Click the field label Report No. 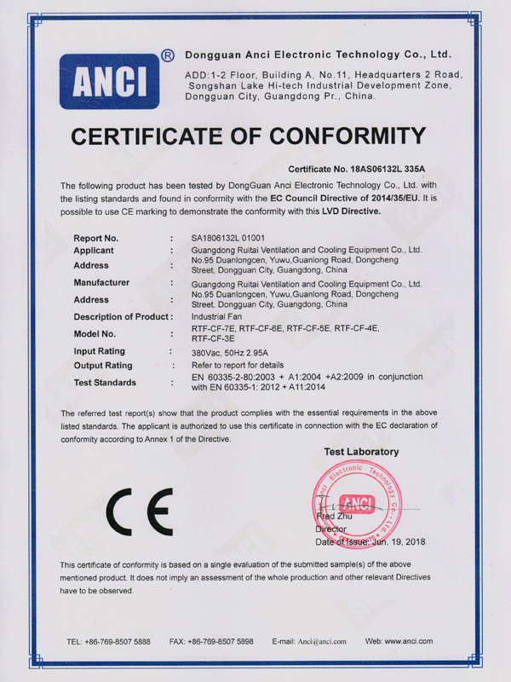[x=95, y=238]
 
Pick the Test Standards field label [x=105, y=383]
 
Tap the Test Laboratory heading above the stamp [x=361, y=452]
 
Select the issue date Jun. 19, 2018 [x=396, y=541]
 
